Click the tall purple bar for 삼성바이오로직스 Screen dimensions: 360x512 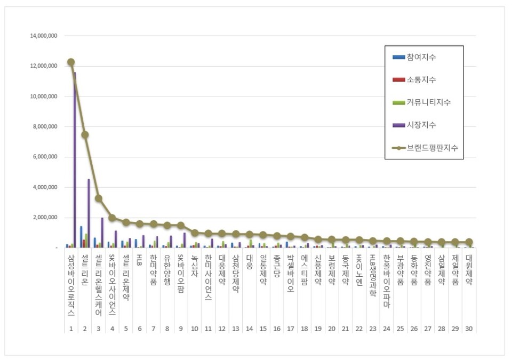coord(75,160)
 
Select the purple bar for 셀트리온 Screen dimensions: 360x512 coord(89,213)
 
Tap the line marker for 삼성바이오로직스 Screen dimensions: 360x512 coord(70,62)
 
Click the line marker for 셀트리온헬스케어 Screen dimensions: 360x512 coord(98,198)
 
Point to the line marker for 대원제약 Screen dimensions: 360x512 coord(469,242)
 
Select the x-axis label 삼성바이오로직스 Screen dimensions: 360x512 coord(71,285)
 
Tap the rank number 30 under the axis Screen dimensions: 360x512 coord(468,328)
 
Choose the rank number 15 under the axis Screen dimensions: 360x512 coord(262,328)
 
